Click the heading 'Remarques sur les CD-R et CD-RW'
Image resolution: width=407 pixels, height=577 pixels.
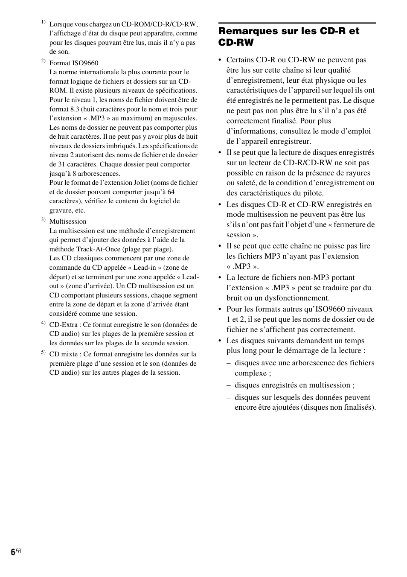point(289,37)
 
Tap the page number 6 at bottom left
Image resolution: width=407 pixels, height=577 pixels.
point(13,552)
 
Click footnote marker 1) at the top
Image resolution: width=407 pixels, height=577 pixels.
point(43,22)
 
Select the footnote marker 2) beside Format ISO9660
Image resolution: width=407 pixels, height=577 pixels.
point(43,61)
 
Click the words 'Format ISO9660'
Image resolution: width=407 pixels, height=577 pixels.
point(74,63)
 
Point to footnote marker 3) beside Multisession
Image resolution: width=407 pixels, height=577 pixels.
point(43,219)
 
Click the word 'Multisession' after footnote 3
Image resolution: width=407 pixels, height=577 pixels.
point(68,221)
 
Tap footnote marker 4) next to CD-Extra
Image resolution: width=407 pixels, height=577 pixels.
point(43,323)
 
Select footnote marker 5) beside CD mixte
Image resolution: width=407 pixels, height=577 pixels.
point(43,352)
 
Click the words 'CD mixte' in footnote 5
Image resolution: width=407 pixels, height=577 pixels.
point(64,354)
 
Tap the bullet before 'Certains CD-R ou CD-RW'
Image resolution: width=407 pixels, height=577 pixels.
point(220,60)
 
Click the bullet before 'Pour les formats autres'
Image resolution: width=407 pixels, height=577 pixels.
point(220,309)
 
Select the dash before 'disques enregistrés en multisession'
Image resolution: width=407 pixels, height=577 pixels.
point(229,385)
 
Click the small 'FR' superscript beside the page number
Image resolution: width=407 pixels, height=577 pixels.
point(19,551)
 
